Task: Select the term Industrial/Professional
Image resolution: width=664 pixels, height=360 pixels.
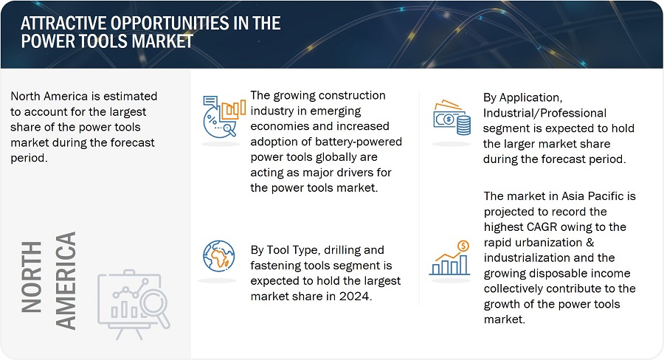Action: (x=544, y=112)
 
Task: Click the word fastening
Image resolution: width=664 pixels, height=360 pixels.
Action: (x=277, y=265)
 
